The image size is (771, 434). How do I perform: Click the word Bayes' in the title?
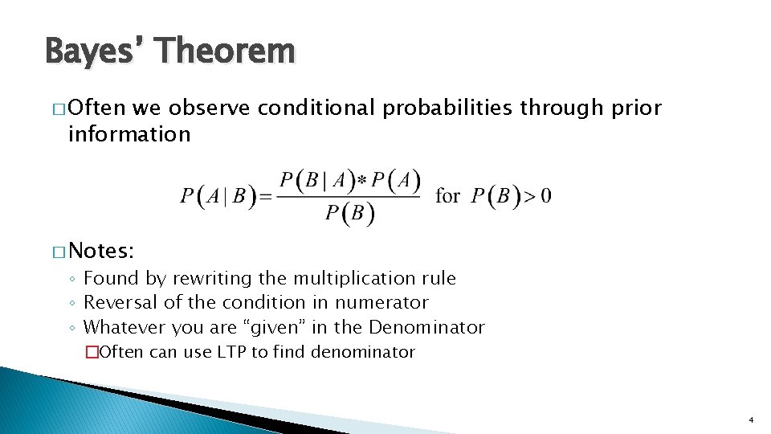[96, 51]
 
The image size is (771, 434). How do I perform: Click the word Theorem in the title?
[227, 51]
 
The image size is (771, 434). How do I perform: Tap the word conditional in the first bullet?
[316, 108]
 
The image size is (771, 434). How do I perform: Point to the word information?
[129, 133]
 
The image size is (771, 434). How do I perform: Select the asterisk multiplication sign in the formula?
[362, 182]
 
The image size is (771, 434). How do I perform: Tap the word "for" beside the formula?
[447, 195]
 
